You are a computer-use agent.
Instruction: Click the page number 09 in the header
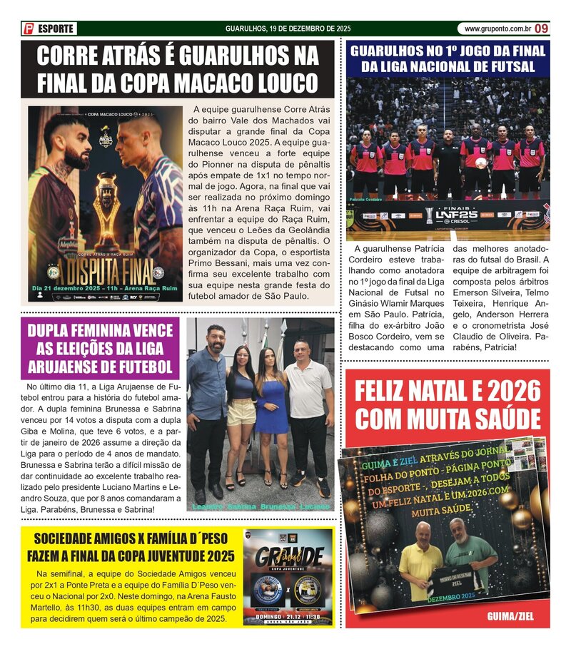point(542,29)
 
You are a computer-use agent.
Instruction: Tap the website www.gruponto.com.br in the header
point(497,29)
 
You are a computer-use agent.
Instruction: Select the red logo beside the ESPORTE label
point(29,29)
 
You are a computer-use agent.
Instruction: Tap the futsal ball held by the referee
point(481,163)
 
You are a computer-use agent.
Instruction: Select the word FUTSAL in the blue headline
point(507,66)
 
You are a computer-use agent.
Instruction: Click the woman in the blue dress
point(271,407)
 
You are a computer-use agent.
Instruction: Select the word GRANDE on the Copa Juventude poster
point(290,557)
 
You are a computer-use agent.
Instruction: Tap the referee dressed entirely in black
point(448,160)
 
